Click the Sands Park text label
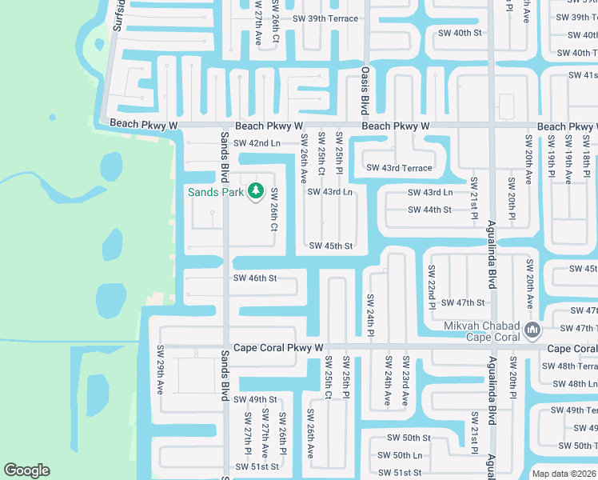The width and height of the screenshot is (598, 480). [x=216, y=192]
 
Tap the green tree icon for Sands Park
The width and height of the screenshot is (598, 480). [x=256, y=191]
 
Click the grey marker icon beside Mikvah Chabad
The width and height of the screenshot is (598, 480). [x=532, y=330]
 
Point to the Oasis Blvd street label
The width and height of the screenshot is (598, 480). [x=365, y=90]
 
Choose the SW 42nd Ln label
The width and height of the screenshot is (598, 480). [x=253, y=143]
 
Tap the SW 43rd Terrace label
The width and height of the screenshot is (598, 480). [x=399, y=168]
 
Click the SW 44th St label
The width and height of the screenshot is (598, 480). [x=429, y=210]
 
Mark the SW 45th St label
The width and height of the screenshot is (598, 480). [x=330, y=246]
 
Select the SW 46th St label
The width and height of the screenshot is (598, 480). [x=254, y=278]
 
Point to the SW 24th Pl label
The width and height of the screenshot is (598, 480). [x=371, y=316]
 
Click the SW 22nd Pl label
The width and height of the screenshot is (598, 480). [x=432, y=286]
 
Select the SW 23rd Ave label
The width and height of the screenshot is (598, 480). [x=406, y=380]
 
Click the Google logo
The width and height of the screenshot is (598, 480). [x=27, y=470]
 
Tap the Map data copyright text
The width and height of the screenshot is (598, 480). [x=564, y=474]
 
